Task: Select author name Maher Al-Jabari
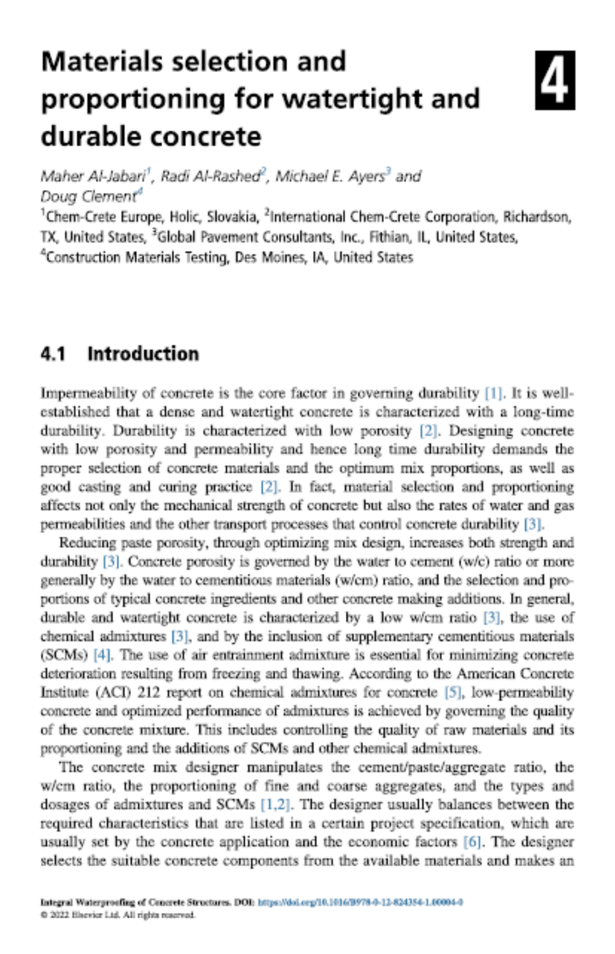coord(92,176)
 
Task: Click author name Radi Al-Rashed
coord(210,176)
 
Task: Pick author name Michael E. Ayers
coord(330,176)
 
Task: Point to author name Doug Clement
coord(88,197)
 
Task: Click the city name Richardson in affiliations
coord(536,217)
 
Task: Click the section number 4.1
coord(53,354)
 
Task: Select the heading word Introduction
coord(143,354)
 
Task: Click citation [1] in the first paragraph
coord(493,393)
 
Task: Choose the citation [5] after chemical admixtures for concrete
coord(453,692)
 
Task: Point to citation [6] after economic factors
coord(472,842)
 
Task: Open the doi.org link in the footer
coord(360,902)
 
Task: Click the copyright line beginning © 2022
coord(118,915)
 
